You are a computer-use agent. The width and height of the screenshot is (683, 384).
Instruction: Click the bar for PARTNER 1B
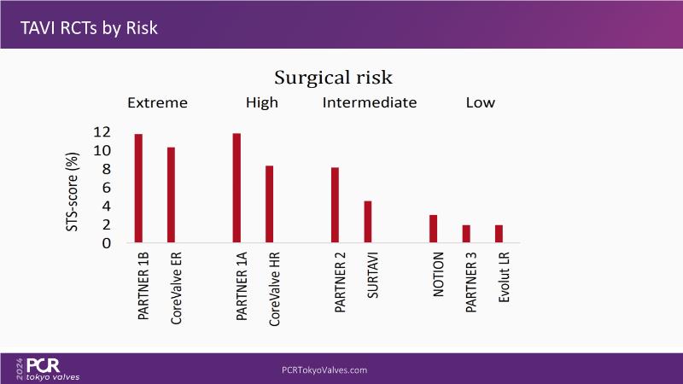click(137, 189)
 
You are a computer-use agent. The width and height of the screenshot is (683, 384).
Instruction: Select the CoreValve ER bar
click(171, 195)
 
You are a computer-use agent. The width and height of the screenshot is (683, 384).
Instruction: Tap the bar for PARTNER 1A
click(236, 188)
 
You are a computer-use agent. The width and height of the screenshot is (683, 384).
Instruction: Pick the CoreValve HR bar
click(269, 204)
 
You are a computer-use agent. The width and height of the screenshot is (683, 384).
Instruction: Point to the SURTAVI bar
click(368, 222)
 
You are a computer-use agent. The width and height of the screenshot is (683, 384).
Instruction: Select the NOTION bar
click(433, 229)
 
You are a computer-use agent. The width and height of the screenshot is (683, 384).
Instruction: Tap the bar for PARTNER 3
click(466, 234)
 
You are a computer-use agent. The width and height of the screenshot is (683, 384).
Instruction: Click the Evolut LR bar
click(499, 234)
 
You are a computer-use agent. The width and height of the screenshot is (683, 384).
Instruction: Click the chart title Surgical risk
click(333, 78)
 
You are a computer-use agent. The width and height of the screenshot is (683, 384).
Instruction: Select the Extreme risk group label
click(157, 103)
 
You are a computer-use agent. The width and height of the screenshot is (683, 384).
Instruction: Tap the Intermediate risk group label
click(369, 103)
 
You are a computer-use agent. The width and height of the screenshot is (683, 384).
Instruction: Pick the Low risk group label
click(480, 103)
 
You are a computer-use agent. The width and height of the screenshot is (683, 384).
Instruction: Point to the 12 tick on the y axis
click(102, 132)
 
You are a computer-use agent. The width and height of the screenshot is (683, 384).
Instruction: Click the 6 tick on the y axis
click(107, 188)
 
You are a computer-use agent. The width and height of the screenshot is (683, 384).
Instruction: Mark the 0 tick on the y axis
click(107, 243)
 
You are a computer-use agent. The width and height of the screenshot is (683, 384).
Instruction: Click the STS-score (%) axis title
click(74, 188)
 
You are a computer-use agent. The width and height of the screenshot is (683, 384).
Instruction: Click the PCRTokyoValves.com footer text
click(324, 370)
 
